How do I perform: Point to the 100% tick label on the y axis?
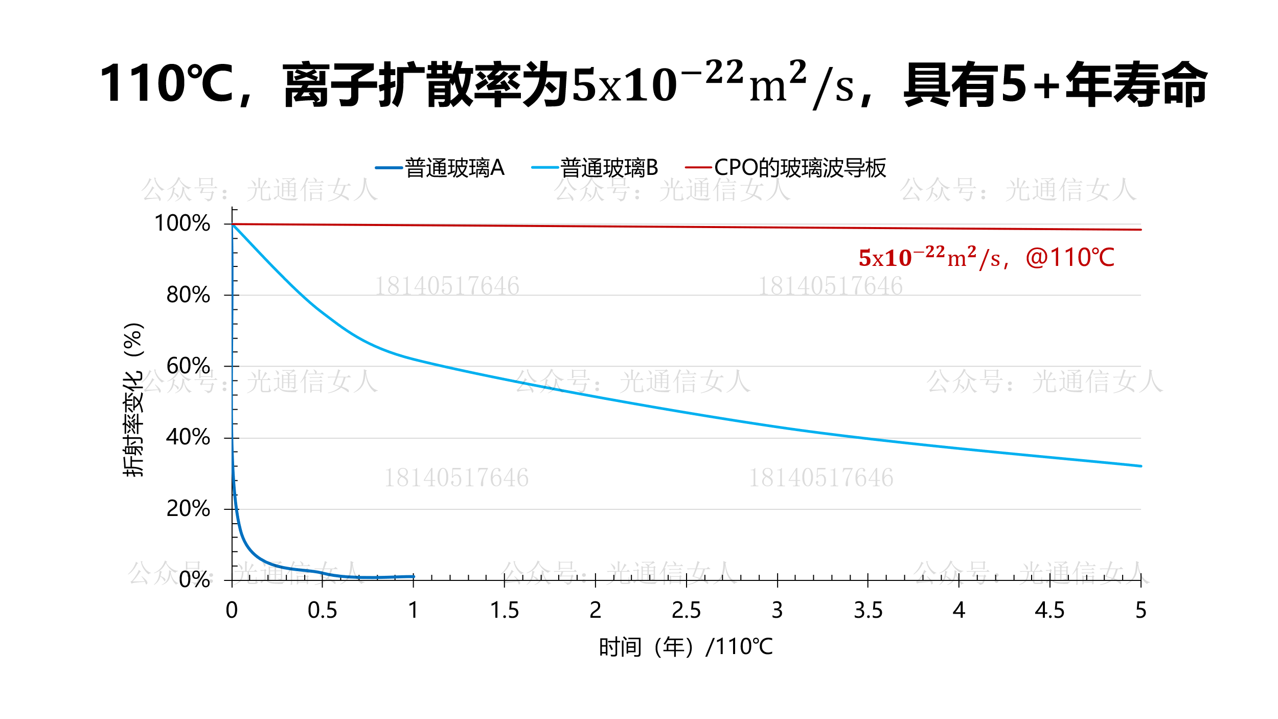[x=182, y=223]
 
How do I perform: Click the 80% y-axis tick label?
[x=188, y=295]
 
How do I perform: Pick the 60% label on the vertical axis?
[x=188, y=366]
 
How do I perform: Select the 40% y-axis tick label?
[x=188, y=437]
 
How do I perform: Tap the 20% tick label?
[x=188, y=509]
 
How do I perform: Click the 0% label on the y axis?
[x=194, y=580]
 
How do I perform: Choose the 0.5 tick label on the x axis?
[x=322, y=611]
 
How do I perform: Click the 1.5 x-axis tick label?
[x=504, y=611]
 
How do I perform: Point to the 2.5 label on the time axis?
[x=686, y=611]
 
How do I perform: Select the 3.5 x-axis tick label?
[x=868, y=611]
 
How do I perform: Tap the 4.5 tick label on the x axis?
[x=1049, y=611]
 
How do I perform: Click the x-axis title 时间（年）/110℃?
[x=686, y=647]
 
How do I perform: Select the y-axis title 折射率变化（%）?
[x=133, y=399]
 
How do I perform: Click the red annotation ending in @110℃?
[x=986, y=258]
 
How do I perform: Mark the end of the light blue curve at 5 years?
[x=1140, y=466]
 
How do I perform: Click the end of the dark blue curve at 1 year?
[x=414, y=576]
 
